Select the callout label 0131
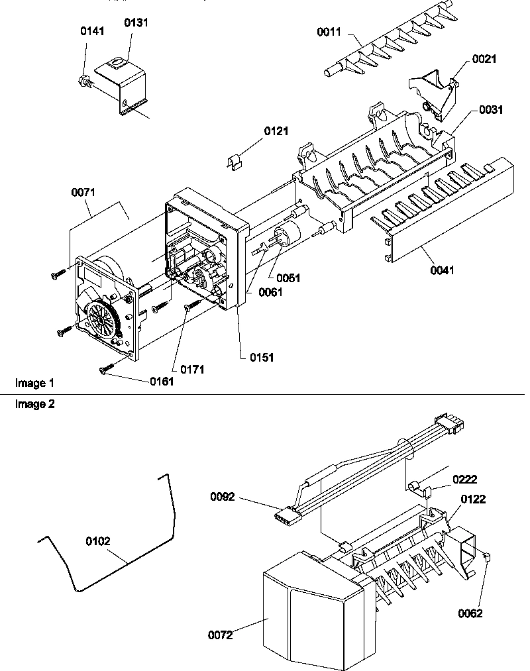click(x=136, y=23)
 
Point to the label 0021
click(x=484, y=59)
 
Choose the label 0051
click(x=288, y=278)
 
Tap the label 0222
click(x=464, y=479)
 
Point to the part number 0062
click(x=470, y=613)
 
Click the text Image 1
click(x=34, y=383)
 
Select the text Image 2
click(x=34, y=404)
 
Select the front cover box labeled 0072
click(x=301, y=609)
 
